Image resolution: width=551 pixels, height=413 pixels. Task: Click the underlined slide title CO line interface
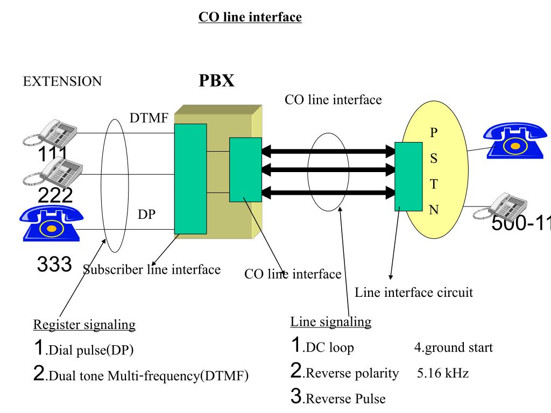click(250, 17)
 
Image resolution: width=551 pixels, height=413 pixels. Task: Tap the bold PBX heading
click(216, 81)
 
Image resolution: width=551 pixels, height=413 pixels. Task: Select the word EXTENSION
click(62, 82)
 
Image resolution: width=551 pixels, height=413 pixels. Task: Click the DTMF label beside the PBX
click(149, 118)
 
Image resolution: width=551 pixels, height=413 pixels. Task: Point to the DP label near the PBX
click(146, 214)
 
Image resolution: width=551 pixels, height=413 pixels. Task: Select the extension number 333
click(54, 264)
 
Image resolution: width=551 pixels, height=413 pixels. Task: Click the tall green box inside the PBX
click(190, 179)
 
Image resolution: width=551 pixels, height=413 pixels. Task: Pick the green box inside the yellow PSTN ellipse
click(408, 176)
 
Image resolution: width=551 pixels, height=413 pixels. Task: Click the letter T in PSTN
click(434, 184)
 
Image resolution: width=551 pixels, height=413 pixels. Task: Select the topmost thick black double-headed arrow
click(328, 152)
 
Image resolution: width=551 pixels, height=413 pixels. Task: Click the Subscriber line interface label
click(152, 269)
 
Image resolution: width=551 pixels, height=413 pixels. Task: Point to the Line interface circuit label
click(414, 293)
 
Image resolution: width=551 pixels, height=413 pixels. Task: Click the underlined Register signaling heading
click(84, 325)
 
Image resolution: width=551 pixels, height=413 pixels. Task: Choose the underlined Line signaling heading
click(331, 322)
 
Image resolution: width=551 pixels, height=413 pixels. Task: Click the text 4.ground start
click(453, 347)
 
